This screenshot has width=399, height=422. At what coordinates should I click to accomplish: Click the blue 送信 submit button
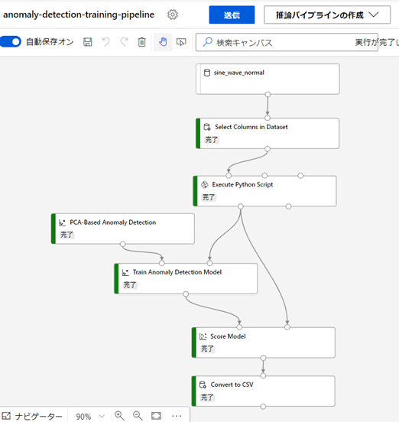coord(232,15)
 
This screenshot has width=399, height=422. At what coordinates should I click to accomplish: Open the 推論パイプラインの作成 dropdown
coord(327,15)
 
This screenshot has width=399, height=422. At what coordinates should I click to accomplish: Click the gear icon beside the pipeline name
coord(173,15)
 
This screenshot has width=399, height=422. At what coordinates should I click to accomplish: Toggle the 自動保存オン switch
coord(11,42)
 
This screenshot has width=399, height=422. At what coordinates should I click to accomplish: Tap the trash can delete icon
coord(141,42)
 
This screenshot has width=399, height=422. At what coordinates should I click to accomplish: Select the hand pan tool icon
coord(163,42)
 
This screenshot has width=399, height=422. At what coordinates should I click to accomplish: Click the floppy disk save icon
coord(87,42)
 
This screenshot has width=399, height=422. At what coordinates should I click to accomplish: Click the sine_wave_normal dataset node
coord(268,80)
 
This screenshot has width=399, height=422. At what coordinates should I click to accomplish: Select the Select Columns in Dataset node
coord(268,133)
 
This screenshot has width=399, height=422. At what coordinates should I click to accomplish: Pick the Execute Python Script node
coord(264,191)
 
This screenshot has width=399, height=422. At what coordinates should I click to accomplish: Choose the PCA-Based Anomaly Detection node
coord(123,229)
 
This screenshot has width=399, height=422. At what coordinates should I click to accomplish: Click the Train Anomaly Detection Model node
coord(186,278)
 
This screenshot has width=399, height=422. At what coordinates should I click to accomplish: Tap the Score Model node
coord(264,342)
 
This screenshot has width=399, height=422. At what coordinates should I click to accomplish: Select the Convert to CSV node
coord(264,391)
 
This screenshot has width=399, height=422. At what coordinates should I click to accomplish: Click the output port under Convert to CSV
coord(263,407)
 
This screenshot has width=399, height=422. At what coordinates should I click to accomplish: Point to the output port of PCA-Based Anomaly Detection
coord(123,244)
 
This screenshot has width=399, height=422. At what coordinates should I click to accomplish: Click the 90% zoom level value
coord(83,417)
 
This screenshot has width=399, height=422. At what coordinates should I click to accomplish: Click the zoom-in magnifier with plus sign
coord(119,416)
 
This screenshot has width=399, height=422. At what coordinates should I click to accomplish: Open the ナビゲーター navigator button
coord(32,416)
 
